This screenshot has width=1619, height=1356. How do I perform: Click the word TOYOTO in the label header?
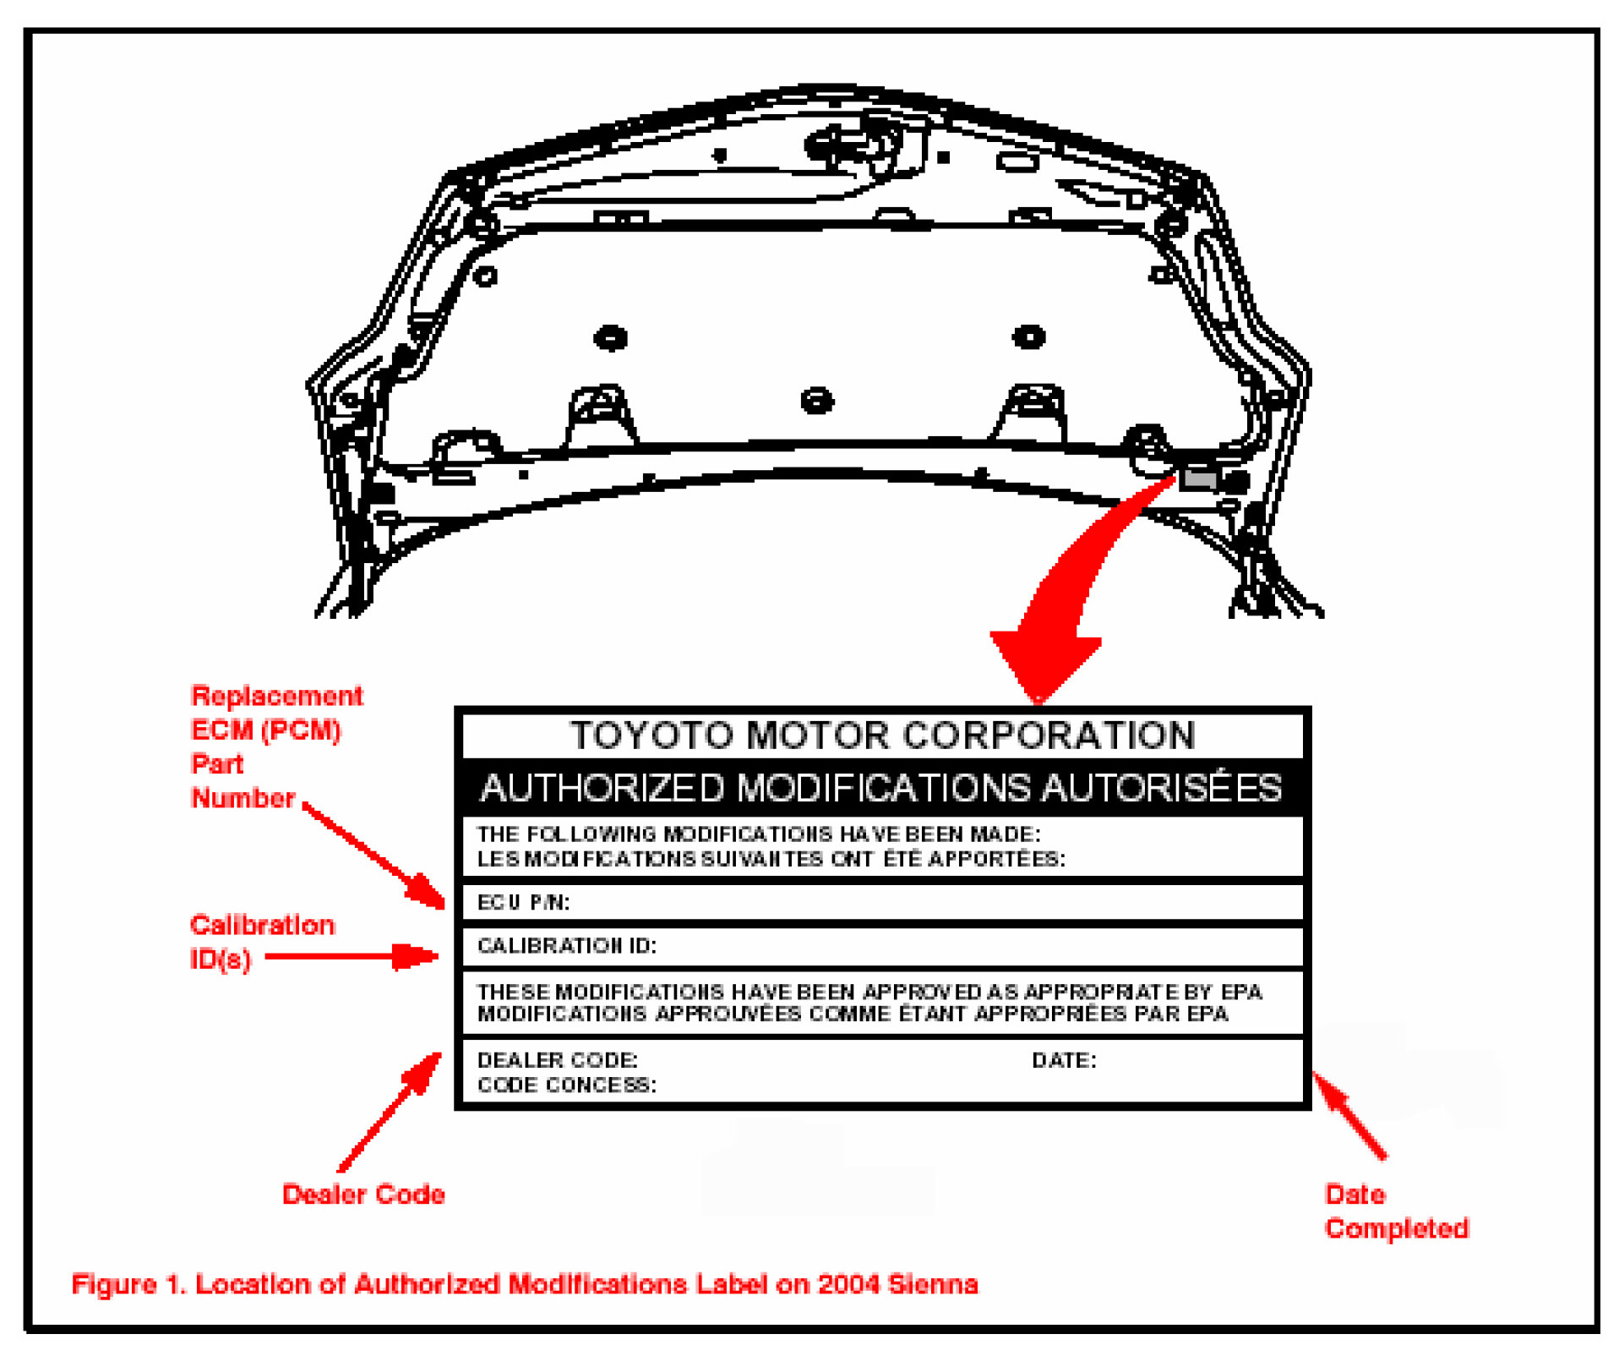651,735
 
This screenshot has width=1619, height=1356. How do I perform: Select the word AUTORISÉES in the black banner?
1162,788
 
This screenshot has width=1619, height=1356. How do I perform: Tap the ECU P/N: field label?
523,903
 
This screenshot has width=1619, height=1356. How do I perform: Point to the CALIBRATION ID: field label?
566,945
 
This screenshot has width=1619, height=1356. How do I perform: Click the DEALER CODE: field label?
557,1060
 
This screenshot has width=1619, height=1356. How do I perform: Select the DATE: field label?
1064,1060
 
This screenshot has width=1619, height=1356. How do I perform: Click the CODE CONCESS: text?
566,1085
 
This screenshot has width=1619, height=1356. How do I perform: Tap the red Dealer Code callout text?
363,1195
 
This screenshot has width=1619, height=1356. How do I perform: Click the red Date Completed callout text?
1396,1211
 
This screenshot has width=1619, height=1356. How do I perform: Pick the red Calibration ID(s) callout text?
261,942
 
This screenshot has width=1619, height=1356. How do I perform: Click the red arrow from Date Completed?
1349,1114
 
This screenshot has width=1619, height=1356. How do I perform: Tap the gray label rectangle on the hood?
1198,480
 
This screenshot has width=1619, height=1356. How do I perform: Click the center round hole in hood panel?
816,400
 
